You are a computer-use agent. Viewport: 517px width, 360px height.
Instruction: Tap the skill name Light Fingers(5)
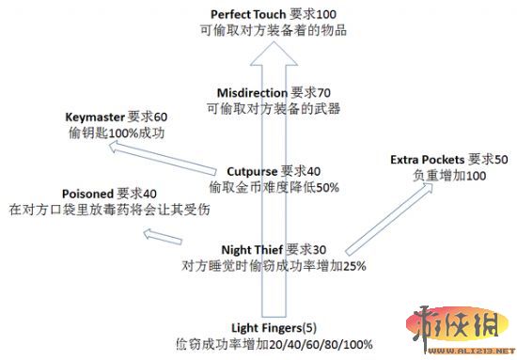point(270,327)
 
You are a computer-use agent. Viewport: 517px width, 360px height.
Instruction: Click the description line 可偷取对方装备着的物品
point(274,30)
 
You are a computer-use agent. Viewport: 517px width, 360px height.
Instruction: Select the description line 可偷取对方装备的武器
point(274,108)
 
